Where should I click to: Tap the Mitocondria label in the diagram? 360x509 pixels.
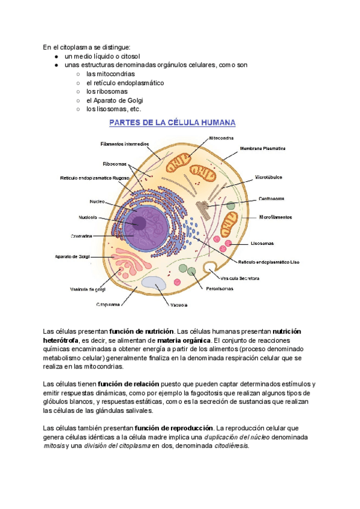click(221, 138)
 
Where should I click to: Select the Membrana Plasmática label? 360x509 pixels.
click(262, 148)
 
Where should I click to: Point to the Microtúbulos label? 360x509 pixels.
click(269, 177)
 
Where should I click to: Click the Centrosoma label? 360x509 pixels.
click(271, 198)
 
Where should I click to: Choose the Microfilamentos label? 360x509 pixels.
click(275, 217)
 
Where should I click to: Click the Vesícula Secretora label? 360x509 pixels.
click(240, 279)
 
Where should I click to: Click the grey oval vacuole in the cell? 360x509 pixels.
click(154, 284)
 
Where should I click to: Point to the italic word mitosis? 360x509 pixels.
click(53, 446)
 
